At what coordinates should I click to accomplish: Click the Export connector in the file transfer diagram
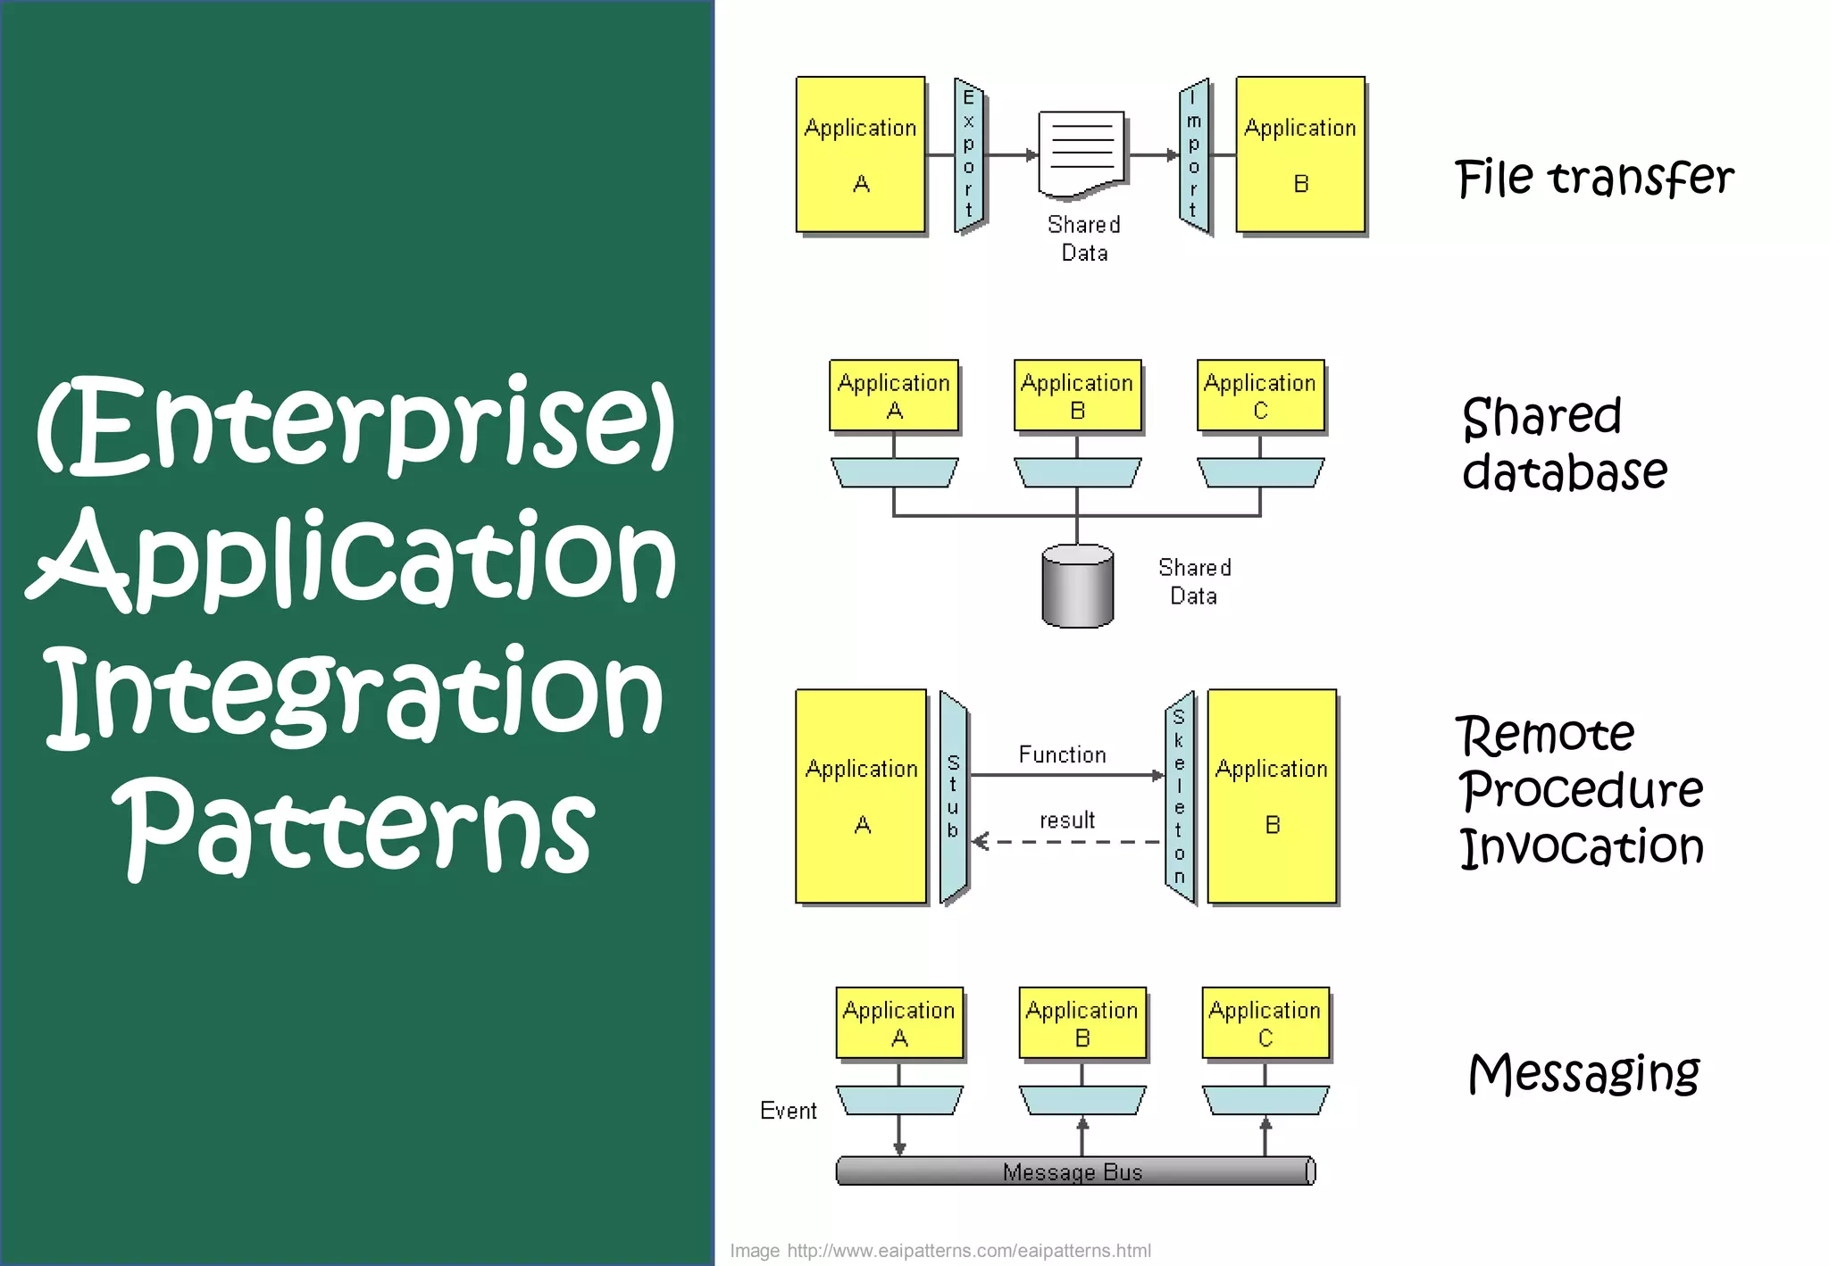(969, 155)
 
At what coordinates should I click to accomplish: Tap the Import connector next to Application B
(1194, 155)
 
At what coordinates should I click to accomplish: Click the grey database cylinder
(1077, 587)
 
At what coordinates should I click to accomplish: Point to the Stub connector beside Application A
(954, 796)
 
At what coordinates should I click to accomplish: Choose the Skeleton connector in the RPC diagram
(1180, 796)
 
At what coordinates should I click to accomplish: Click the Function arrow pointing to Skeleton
(1066, 775)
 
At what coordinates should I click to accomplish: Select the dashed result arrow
(1066, 842)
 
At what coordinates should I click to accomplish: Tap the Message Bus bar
(1074, 1170)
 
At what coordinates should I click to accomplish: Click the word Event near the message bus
(788, 1111)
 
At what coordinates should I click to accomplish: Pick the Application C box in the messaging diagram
(1265, 1023)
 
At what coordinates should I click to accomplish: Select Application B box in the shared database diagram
(1077, 396)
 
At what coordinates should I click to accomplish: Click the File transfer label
(1593, 177)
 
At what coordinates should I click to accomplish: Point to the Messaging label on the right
(1583, 1072)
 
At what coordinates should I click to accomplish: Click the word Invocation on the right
(1582, 846)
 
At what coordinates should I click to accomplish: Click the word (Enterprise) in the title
(355, 424)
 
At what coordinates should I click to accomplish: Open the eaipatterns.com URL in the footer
(968, 1250)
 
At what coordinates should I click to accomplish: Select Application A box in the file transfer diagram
(860, 154)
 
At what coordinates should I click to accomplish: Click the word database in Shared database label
(1564, 472)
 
